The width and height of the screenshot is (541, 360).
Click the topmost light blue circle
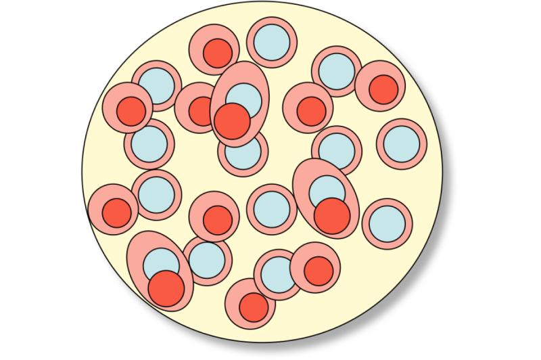click(x=273, y=42)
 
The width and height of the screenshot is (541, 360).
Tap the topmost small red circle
click(x=218, y=53)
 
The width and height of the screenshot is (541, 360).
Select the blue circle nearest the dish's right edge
click(x=402, y=143)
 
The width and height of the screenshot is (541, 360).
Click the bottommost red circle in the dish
click(x=254, y=307)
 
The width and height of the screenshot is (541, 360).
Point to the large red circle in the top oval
click(x=231, y=120)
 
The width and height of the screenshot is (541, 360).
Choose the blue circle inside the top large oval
click(x=244, y=99)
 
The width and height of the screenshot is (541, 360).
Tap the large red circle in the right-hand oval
click(x=332, y=215)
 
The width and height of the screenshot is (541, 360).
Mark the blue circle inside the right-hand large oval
click(x=327, y=192)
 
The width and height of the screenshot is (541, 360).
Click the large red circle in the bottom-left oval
click(x=166, y=288)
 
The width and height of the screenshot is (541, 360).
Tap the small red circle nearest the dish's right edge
click(x=383, y=89)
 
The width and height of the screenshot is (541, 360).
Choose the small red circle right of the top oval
click(x=311, y=111)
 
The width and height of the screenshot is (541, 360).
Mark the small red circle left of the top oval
click(x=202, y=111)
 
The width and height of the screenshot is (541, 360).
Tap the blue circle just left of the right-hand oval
click(x=272, y=208)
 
